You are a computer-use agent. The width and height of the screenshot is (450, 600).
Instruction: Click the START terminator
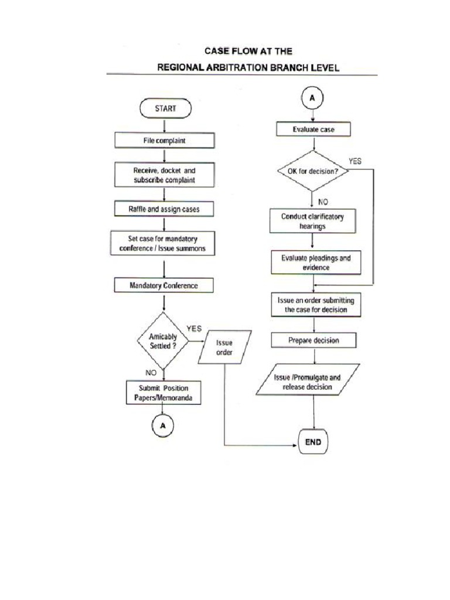tap(165, 108)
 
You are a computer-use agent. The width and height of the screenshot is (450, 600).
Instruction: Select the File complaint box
tap(164, 141)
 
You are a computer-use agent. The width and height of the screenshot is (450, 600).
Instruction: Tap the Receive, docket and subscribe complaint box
tap(164, 175)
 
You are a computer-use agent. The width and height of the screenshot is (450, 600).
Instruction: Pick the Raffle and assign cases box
tap(164, 209)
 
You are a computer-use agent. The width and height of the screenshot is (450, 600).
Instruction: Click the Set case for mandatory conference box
tap(163, 244)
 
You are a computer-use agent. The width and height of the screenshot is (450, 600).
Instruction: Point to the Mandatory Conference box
tap(163, 285)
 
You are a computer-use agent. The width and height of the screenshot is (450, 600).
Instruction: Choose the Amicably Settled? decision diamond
tap(163, 341)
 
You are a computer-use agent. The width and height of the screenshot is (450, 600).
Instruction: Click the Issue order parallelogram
tap(224, 347)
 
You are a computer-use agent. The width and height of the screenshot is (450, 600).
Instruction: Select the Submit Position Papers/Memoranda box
tap(163, 393)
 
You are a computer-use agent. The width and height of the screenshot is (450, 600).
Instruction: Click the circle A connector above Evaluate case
tap(312, 99)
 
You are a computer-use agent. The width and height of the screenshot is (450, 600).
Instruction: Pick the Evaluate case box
tap(313, 129)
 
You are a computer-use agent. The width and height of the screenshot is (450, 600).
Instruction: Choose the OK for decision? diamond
tap(312, 171)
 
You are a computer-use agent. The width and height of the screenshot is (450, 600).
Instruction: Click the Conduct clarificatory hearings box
tap(312, 221)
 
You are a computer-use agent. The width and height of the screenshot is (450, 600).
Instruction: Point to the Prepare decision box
tap(313, 340)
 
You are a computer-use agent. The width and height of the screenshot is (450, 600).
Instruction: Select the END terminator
tap(313, 442)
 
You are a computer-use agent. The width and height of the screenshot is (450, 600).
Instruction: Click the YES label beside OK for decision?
tap(355, 161)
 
